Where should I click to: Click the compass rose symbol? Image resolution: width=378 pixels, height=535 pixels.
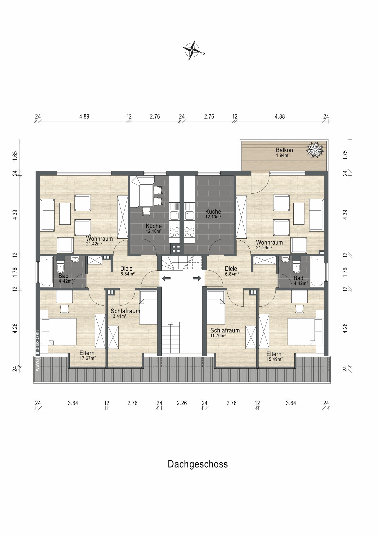coord(193,50)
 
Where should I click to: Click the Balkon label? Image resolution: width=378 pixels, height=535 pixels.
coord(284,150)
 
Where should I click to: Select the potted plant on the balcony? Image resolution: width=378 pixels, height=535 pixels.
coord(315,150)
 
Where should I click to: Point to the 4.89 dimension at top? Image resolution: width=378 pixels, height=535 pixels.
coord(84,116)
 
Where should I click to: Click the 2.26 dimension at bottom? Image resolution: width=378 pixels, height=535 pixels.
coord(182,403)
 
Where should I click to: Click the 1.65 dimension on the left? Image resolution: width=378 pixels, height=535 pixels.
coord(15,156)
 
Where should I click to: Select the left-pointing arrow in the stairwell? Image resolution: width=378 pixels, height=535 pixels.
coord(166,278)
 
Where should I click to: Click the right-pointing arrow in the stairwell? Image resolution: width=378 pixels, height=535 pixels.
coord(197,278)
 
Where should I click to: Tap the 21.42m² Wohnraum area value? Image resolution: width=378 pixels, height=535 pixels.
coord(94,244)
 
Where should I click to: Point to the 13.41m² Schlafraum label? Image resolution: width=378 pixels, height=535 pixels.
coord(125,313)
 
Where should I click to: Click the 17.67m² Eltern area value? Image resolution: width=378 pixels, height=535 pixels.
coord(87,358)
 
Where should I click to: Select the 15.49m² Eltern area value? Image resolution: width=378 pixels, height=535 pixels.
coord(275,359)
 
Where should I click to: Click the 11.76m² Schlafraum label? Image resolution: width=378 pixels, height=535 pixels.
coord(225,333)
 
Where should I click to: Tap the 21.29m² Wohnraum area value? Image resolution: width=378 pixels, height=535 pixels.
coord(264,248)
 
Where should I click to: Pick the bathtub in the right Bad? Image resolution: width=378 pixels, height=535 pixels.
coord(317,271)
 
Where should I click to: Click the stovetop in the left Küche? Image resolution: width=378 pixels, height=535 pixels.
coord(174,231)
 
